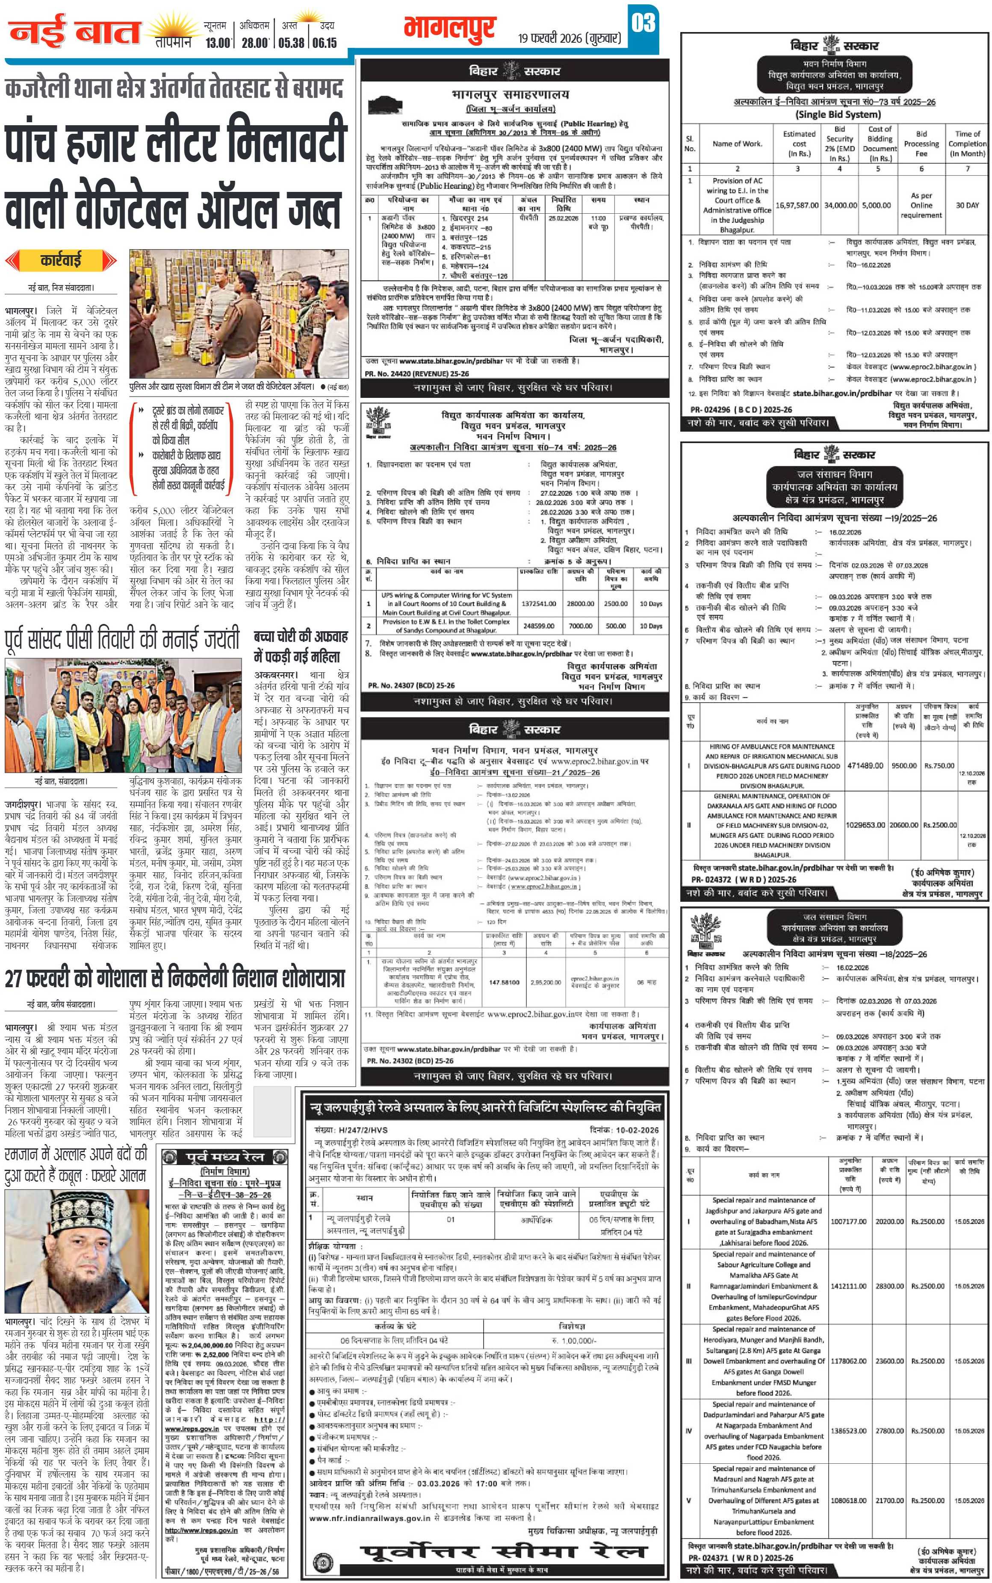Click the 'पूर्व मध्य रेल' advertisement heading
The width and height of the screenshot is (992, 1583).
click(224, 1156)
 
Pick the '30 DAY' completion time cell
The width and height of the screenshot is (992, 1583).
click(966, 205)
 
